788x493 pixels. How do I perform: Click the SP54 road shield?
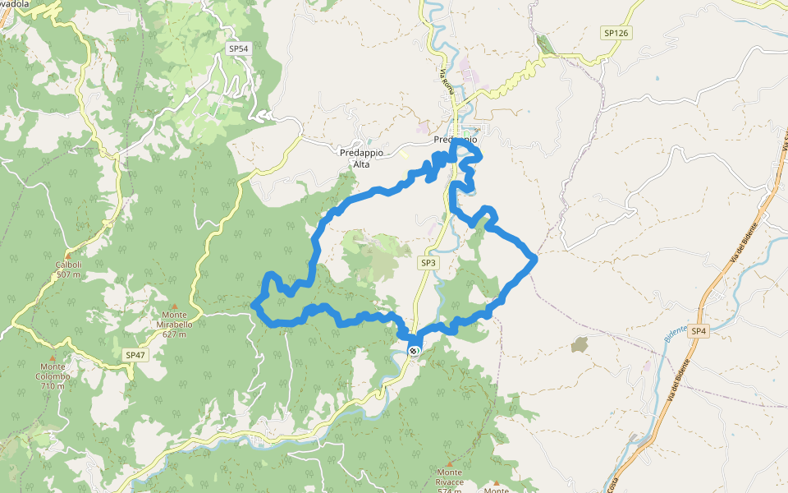tap(238, 49)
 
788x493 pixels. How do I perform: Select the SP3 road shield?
tap(428, 263)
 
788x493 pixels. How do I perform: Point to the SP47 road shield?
tap(135, 355)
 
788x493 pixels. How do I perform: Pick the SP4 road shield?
tap(698, 331)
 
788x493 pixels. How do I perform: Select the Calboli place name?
tap(67, 265)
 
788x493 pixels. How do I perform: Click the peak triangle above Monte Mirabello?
tap(174, 306)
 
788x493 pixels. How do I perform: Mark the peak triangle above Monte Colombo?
tap(54, 357)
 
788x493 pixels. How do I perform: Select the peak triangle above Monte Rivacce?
tap(449, 463)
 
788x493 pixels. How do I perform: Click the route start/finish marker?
tap(413, 351)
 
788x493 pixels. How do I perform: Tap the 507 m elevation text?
tap(68, 274)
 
